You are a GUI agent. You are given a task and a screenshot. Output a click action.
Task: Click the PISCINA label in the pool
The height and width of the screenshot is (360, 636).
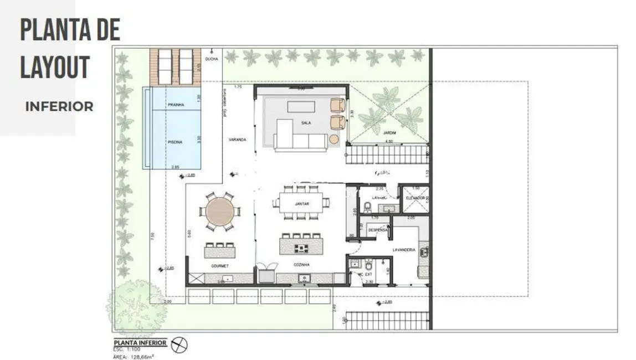pos(175,142)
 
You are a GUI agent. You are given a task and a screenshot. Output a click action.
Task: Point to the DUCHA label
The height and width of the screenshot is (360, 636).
pos(211,59)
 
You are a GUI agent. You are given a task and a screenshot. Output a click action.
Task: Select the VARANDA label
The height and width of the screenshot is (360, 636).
pos(237,140)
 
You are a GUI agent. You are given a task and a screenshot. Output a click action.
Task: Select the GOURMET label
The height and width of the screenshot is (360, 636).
pos(220,266)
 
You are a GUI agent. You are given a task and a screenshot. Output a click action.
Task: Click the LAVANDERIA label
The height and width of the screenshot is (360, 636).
pos(404,250)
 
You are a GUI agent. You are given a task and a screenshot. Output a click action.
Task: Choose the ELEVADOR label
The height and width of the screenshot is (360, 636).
pos(415,198)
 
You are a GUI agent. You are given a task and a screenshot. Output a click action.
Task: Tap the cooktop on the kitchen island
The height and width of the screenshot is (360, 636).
pos(302,248)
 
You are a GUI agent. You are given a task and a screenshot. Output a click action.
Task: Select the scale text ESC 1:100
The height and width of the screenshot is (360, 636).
pos(127,349)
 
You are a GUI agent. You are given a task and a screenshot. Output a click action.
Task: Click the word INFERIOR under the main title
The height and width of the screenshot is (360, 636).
pos(59,107)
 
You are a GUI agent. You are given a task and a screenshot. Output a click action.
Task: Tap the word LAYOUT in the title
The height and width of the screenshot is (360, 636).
pos(55,66)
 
